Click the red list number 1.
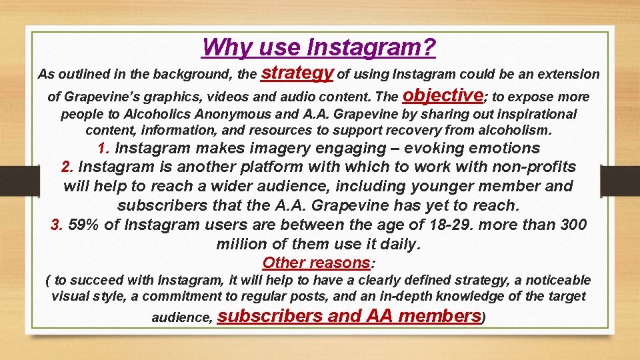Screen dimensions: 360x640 click(103, 148)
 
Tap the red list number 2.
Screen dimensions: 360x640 click(66, 167)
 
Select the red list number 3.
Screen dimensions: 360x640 click(56, 225)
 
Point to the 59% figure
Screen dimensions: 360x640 click(84, 225)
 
